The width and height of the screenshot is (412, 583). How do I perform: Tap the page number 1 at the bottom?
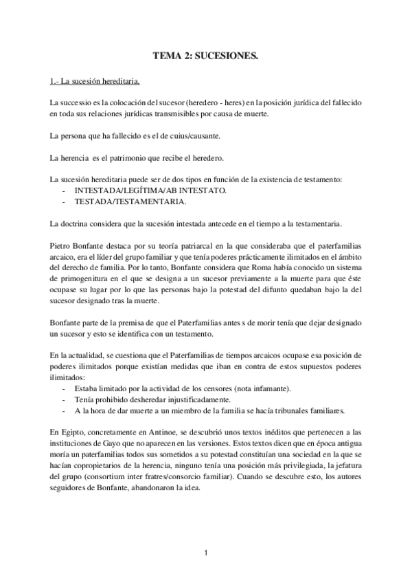coord(205,551)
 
